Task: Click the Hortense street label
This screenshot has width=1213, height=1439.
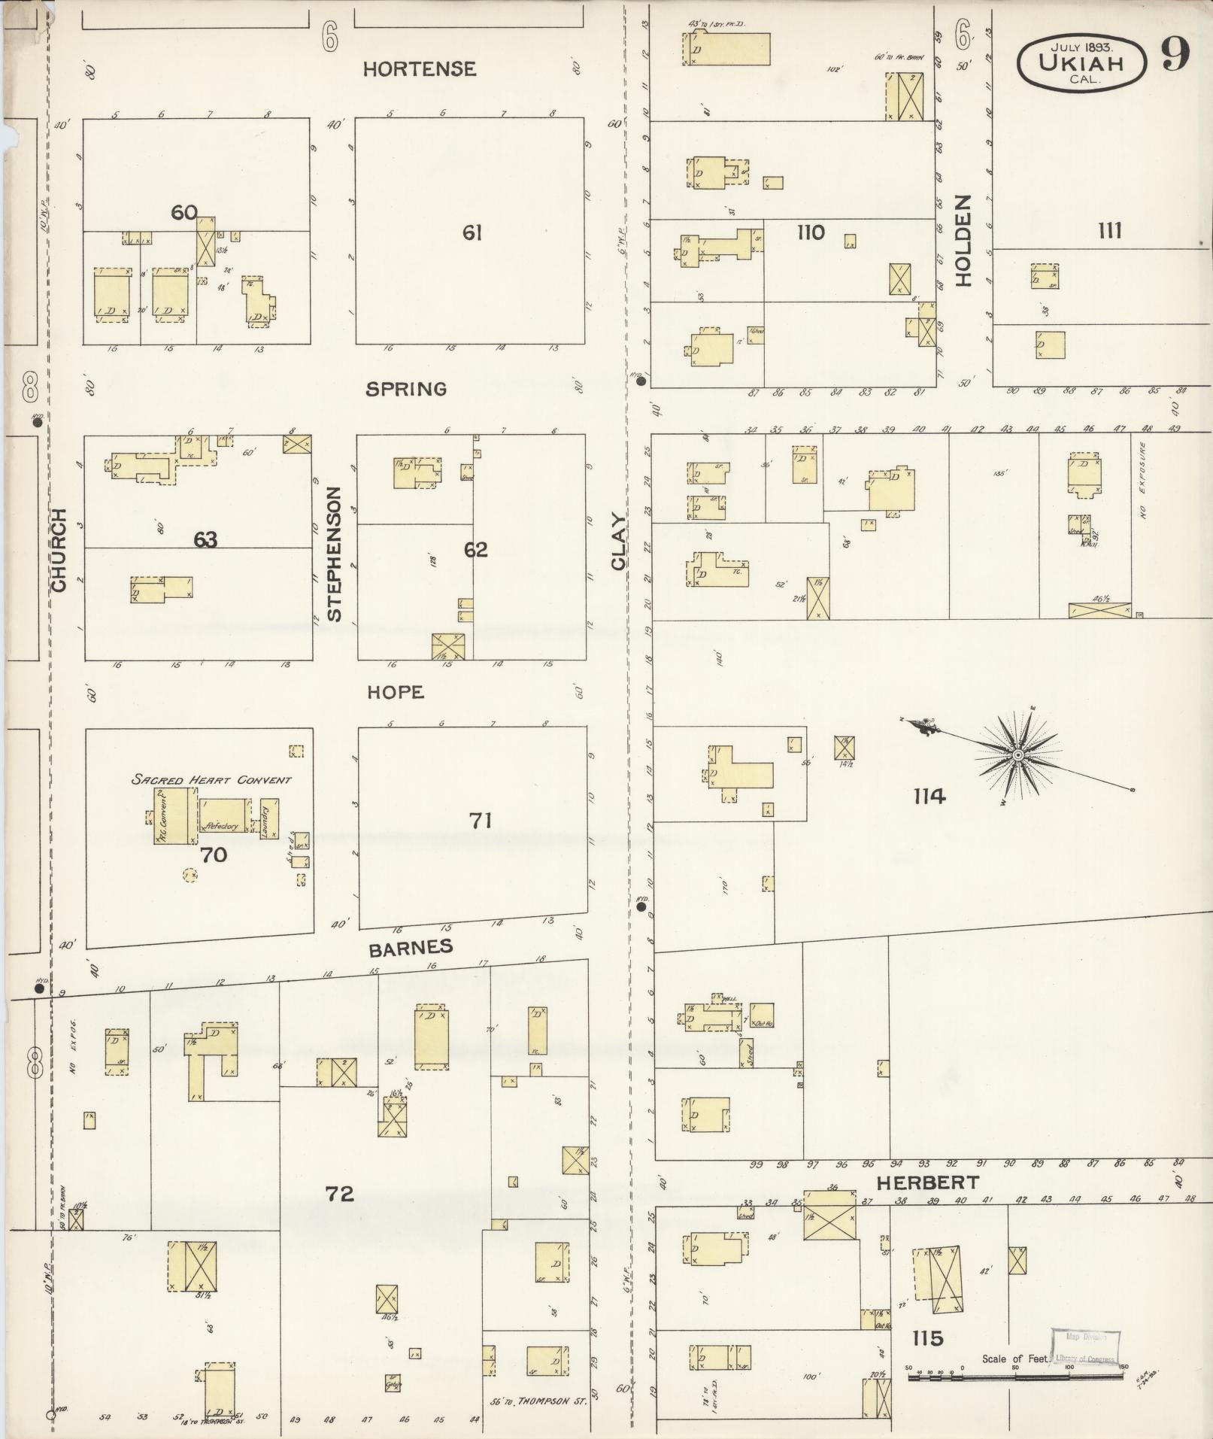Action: click(x=420, y=69)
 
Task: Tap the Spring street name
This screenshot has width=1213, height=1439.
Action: click(x=406, y=389)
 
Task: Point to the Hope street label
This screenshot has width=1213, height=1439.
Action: click(x=396, y=692)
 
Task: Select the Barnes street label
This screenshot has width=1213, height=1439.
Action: click(x=411, y=948)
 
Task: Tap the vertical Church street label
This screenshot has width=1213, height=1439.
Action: click(x=59, y=549)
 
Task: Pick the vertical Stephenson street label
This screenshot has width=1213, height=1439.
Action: click(x=335, y=553)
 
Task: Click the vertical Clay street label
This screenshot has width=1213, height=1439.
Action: click(x=619, y=542)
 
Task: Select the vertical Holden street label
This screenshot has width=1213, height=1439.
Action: click(x=964, y=241)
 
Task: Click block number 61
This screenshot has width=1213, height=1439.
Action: click(x=472, y=233)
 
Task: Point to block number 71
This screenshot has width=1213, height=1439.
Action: click(x=481, y=820)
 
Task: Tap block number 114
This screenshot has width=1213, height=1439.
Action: click(x=929, y=796)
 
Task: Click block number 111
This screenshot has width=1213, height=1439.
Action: click(x=1110, y=230)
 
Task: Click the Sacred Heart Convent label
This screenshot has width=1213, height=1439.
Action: click(x=211, y=779)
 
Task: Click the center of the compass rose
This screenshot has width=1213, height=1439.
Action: click(x=1017, y=754)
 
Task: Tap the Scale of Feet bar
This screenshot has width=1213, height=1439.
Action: click(x=1015, y=1378)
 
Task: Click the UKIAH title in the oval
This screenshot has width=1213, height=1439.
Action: click(x=1081, y=62)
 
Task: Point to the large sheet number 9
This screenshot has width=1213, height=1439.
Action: click(x=1174, y=54)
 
